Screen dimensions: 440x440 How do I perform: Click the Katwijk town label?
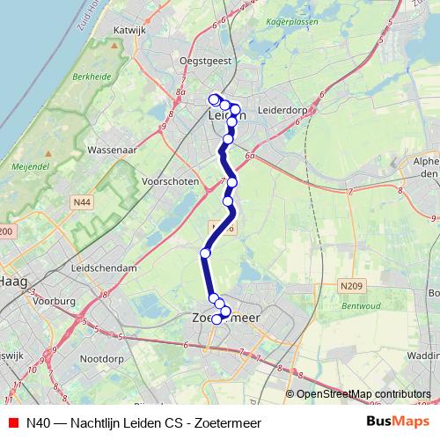tap(128, 29)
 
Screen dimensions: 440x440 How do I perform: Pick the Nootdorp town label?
tap(105, 358)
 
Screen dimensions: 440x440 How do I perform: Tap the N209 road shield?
tap(352, 285)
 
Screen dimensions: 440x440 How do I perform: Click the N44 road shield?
tap(82, 202)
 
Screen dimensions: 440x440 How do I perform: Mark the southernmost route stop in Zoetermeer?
tap(216, 319)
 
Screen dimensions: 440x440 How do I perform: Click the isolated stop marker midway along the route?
tap(205, 253)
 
